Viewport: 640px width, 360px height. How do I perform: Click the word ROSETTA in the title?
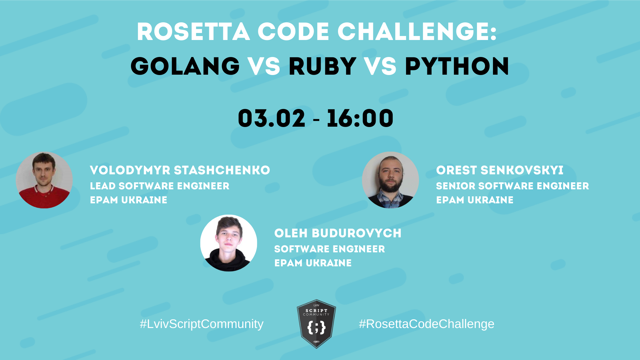pyautogui.click(x=193, y=32)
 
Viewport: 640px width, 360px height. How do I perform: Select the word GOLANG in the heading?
pyautogui.click(x=185, y=66)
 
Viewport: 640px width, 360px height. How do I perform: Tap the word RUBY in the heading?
pyautogui.click(x=322, y=66)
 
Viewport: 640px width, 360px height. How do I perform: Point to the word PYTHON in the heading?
pyautogui.click(x=457, y=66)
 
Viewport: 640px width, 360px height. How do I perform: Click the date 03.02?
pyautogui.click(x=272, y=118)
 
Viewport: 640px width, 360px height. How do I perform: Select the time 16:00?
pyautogui.click(x=360, y=118)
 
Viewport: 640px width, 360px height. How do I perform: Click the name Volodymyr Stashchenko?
pyautogui.click(x=180, y=170)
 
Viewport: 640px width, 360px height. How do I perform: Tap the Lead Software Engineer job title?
pyautogui.click(x=160, y=186)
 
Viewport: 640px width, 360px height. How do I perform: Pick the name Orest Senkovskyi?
pyautogui.click(x=500, y=170)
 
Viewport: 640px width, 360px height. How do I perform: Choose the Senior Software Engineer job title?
pyautogui.click(x=512, y=186)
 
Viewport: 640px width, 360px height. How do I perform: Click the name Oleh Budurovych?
pyautogui.click(x=338, y=233)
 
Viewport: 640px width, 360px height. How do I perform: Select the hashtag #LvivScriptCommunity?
pyautogui.click(x=202, y=324)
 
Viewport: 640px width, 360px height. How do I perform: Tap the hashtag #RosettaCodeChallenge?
pyautogui.click(x=426, y=324)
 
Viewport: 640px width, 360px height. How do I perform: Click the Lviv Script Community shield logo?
pyautogui.click(x=316, y=324)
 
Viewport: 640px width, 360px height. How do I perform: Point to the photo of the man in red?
pyautogui.click(x=44, y=180)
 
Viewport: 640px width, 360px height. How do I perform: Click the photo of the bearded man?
pyautogui.click(x=390, y=180)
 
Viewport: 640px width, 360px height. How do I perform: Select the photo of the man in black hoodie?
pyautogui.click(x=229, y=243)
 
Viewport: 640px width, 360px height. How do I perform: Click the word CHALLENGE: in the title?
pyautogui.click(x=417, y=32)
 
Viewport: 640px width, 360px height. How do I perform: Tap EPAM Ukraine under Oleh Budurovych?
pyautogui.click(x=313, y=263)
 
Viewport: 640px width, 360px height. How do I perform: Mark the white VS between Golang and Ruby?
pyautogui.click(x=264, y=66)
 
